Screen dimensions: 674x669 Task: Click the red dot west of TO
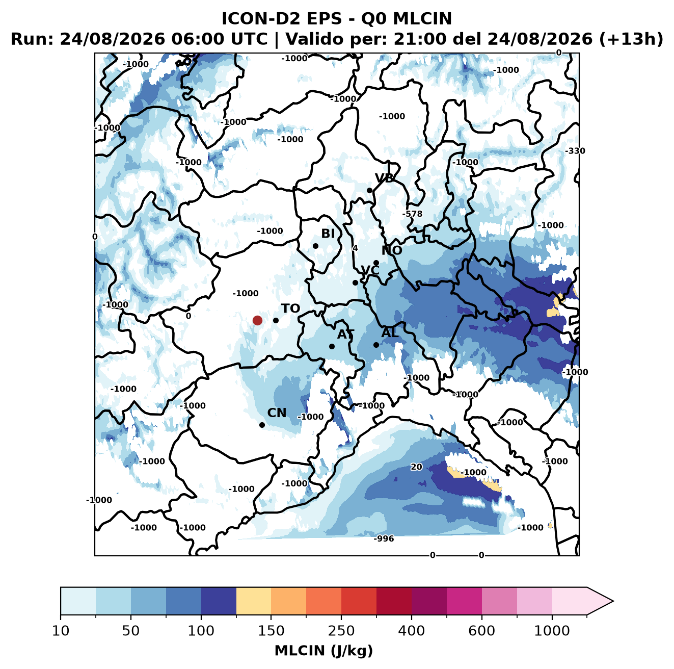257,320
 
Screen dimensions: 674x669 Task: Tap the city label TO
291,308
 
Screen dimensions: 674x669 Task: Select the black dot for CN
262,425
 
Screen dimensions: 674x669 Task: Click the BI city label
328,234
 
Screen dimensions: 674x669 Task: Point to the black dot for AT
332,346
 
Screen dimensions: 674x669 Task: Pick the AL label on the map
390,332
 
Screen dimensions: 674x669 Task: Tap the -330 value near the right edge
575,151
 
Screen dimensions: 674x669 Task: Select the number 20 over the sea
416,467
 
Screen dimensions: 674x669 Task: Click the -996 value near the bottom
384,538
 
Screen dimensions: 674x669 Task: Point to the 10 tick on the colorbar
61,631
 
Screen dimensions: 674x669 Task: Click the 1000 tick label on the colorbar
552,631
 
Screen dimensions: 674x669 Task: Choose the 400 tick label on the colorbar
411,631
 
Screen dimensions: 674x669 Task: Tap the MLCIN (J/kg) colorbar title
323,651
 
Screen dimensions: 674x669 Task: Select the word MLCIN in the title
422,18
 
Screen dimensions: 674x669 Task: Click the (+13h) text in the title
631,39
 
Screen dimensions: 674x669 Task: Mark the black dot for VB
369,190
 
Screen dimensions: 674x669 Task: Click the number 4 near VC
355,248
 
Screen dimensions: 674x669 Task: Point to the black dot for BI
315,246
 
